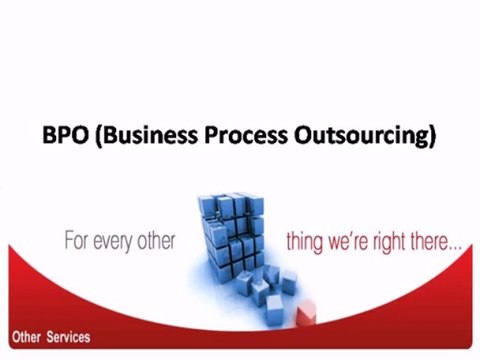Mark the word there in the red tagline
[x=435, y=242]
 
